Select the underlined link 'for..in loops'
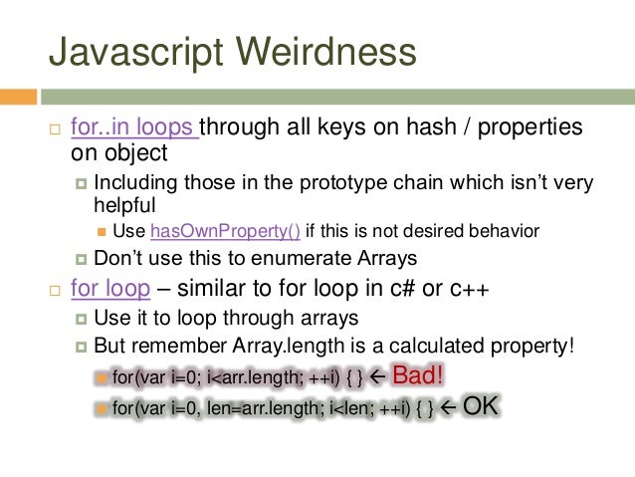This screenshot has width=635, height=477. click(134, 128)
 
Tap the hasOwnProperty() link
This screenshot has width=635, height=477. click(225, 232)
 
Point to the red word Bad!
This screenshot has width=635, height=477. click(419, 376)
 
